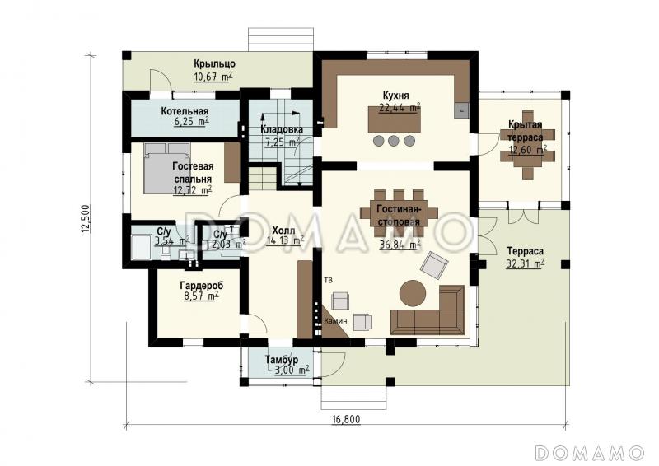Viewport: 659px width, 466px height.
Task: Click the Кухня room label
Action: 395,95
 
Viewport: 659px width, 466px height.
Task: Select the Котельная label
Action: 185,111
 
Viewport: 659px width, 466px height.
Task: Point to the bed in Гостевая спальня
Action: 166,168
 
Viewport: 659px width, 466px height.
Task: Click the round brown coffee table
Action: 413,293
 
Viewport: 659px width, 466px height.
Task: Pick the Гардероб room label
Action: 202,286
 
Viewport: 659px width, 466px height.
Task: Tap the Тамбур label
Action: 282,360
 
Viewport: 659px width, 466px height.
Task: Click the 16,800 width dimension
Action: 346,419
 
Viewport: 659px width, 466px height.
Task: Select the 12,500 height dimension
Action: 86,218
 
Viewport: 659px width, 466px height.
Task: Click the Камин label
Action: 336,321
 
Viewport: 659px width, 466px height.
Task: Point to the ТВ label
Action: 328,280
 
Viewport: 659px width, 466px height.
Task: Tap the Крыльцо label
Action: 214,64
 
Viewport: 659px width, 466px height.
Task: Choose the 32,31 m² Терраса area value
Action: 526,264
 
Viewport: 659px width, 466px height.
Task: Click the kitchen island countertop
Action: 395,119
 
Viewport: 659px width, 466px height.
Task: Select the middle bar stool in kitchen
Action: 394,141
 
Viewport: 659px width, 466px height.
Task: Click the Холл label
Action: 283,231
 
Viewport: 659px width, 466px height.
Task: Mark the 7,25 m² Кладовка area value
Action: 282,142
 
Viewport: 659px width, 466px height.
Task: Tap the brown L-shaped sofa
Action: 428,310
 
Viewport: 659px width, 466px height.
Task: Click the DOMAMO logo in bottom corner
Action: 589,453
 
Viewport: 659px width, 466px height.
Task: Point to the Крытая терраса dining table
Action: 527,145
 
